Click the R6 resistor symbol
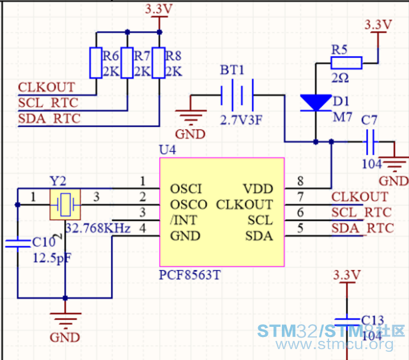click(x=96, y=63)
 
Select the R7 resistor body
click(x=127, y=63)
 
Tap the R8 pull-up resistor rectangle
click(x=159, y=63)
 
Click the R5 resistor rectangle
click(x=346, y=63)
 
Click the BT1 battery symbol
click(x=237, y=95)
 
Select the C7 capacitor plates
click(x=371, y=142)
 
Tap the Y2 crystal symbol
click(x=65, y=204)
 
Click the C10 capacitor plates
click(x=18, y=243)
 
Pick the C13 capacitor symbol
click(x=347, y=322)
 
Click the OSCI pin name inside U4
click(x=186, y=189)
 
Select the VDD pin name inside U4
click(x=258, y=189)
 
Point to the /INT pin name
click(x=183, y=220)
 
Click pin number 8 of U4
click(x=300, y=181)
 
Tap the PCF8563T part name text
click(x=190, y=275)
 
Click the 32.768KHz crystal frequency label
click(x=98, y=229)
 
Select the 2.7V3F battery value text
click(x=241, y=121)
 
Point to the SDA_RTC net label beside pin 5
click(x=362, y=229)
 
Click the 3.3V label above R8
click(x=159, y=10)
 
